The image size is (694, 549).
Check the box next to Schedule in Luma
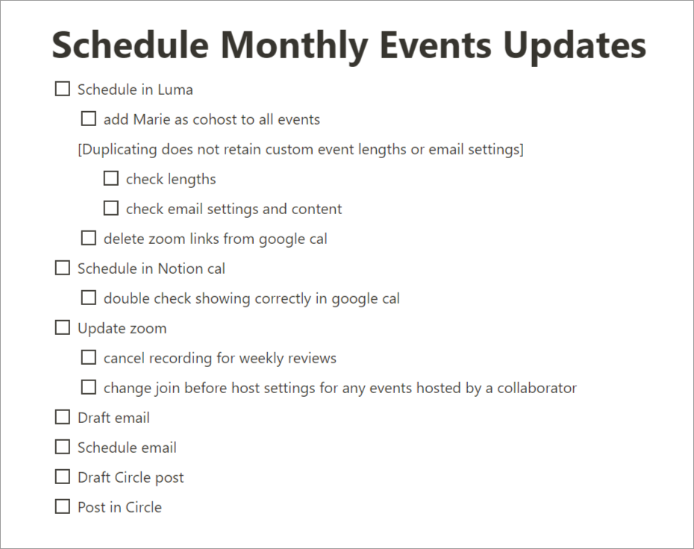(x=63, y=89)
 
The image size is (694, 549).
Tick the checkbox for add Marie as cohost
(x=89, y=119)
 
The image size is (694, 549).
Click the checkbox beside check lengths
(x=110, y=178)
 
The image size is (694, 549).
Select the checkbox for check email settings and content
(x=110, y=208)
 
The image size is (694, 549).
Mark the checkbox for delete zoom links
(x=89, y=238)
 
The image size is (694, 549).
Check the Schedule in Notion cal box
(x=63, y=268)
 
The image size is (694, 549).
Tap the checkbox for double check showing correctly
(x=89, y=298)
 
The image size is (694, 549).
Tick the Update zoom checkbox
(x=63, y=327)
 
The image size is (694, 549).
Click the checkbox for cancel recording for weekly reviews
(x=89, y=357)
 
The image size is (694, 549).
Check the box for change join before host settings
(x=89, y=387)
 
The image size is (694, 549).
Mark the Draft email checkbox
(x=63, y=417)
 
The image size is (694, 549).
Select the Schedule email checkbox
(x=63, y=447)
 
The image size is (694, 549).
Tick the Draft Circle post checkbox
(x=63, y=477)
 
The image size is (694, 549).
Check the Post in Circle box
(x=63, y=506)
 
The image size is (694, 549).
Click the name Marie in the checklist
(x=151, y=119)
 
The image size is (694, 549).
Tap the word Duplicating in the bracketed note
(x=119, y=150)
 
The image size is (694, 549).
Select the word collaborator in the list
(x=537, y=388)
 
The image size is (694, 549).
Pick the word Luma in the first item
(x=175, y=90)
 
